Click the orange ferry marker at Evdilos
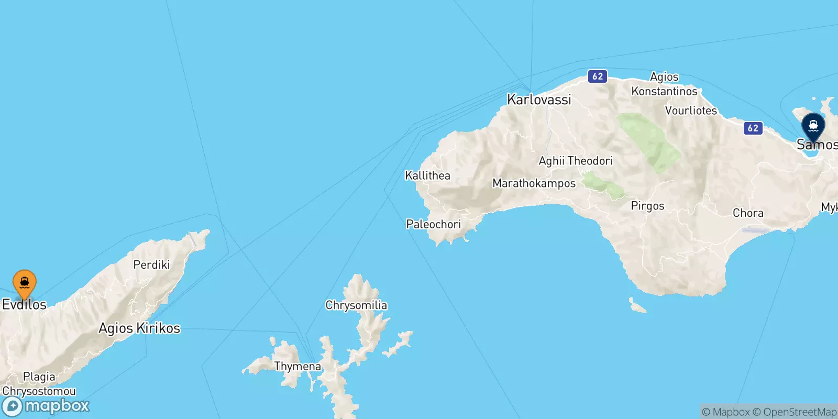[x=24, y=283]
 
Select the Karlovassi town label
[x=539, y=100]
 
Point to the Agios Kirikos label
[x=139, y=328]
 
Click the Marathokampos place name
[x=534, y=183]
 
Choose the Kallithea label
[x=427, y=175]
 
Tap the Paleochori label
[x=433, y=224]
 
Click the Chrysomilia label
[x=356, y=305]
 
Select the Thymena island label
[x=297, y=366]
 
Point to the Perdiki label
[x=151, y=264]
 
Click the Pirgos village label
[x=647, y=206]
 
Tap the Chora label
[x=748, y=213]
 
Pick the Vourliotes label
[x=691, y=111]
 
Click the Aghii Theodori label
[x=576, y=161]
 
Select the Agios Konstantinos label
[x=664, y=84]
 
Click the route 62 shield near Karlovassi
[x=598, y=76]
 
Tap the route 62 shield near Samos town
[x=753, y=128]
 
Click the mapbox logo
[x=46, y=406]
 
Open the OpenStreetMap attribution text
[x=799, y=412]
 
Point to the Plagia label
[x=39, y=377]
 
